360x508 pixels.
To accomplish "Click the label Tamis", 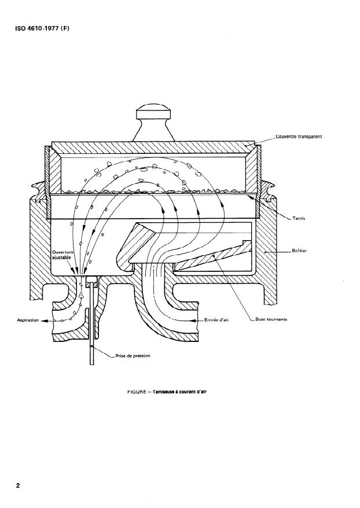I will click(299, 218).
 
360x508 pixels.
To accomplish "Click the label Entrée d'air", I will click(217, 319).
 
